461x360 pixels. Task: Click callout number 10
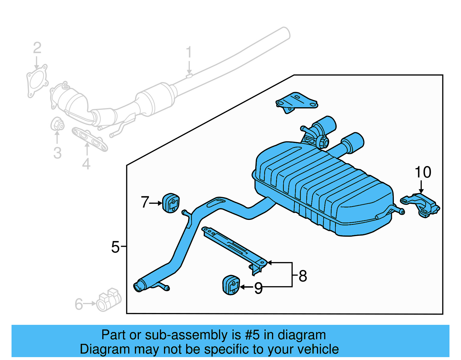click(423, 172)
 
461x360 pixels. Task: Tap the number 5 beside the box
click(115, 247)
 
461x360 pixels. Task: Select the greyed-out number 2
click(37, 48)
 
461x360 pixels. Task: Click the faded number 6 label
click(79, 304)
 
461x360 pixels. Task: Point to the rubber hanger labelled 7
click(171, 203)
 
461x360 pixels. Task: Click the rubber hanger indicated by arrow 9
click(231, 285)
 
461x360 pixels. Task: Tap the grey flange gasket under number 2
click(37, 81)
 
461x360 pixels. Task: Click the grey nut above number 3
click(57, 124)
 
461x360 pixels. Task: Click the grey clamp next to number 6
click(108, 300)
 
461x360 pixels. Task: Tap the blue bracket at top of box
click(297, 102)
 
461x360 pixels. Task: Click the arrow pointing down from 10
click(421, 186)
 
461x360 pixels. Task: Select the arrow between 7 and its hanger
click(156, 203)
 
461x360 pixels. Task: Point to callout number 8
click(303, 276)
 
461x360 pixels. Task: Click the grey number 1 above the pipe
click(189, 52)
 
